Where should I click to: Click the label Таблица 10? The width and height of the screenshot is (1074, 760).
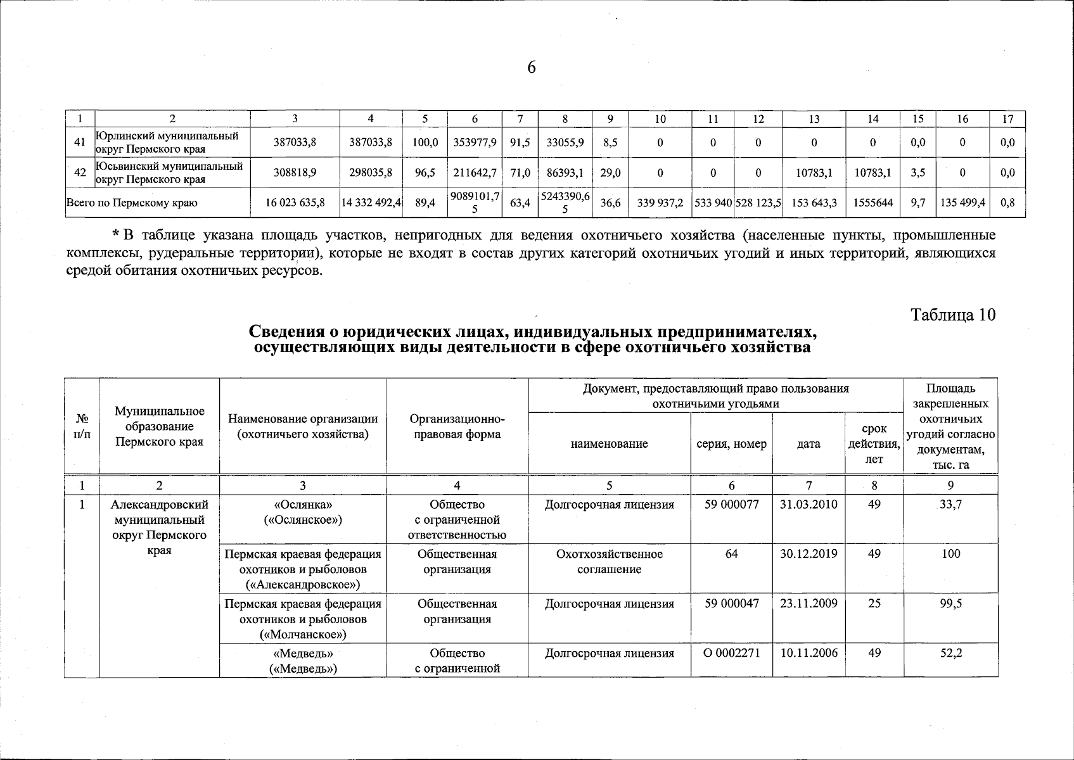click(953, 315)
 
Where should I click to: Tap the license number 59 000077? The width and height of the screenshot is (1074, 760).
click(732, 505)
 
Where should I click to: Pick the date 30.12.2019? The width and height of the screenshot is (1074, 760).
click(809, 554)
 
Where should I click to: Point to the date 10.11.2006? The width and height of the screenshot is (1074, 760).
click(809, 652)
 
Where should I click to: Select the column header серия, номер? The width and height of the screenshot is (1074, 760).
click(732, 444)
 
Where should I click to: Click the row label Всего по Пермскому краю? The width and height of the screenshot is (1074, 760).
click(132, 203)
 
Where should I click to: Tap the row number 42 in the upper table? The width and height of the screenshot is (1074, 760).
click(80, 172)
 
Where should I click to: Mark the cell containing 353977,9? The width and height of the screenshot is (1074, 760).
click(475, 142)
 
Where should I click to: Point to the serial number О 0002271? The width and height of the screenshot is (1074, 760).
click(732, 652)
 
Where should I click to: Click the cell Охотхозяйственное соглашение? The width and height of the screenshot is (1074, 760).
click(609, 561)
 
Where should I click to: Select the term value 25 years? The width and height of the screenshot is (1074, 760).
click(874, 604)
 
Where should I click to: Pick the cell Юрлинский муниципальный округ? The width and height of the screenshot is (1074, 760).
click(167, 142)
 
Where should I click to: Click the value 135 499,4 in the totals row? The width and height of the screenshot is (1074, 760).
click(962, 203)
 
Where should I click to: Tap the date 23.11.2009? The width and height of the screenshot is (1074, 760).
click(809, 604)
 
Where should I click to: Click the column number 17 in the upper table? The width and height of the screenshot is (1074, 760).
click(1008, 118)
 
